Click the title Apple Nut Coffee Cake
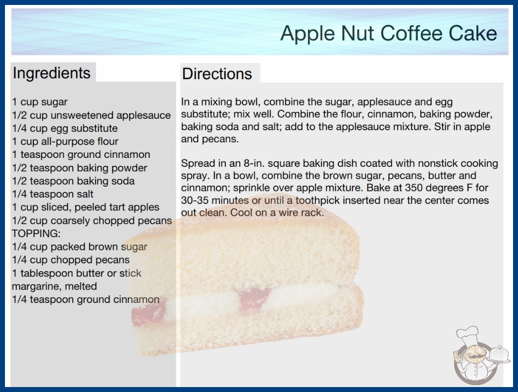click(388, 33)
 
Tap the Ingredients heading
click(52, 73)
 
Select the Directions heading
click(217, 74)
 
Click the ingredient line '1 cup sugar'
click(40, 102)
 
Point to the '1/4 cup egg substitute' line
click(65, 128)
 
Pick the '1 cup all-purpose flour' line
click(65, 142)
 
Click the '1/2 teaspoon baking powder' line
click(80, 168)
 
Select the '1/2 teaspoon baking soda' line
click(73, 181)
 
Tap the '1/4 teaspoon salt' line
click(52, 194)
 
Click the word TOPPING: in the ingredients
click(36, 234)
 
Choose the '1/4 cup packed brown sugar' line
click(80, 246)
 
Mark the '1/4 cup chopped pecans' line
click(71, 260)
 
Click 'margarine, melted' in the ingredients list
click(54, 286)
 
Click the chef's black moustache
click(473, 356)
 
